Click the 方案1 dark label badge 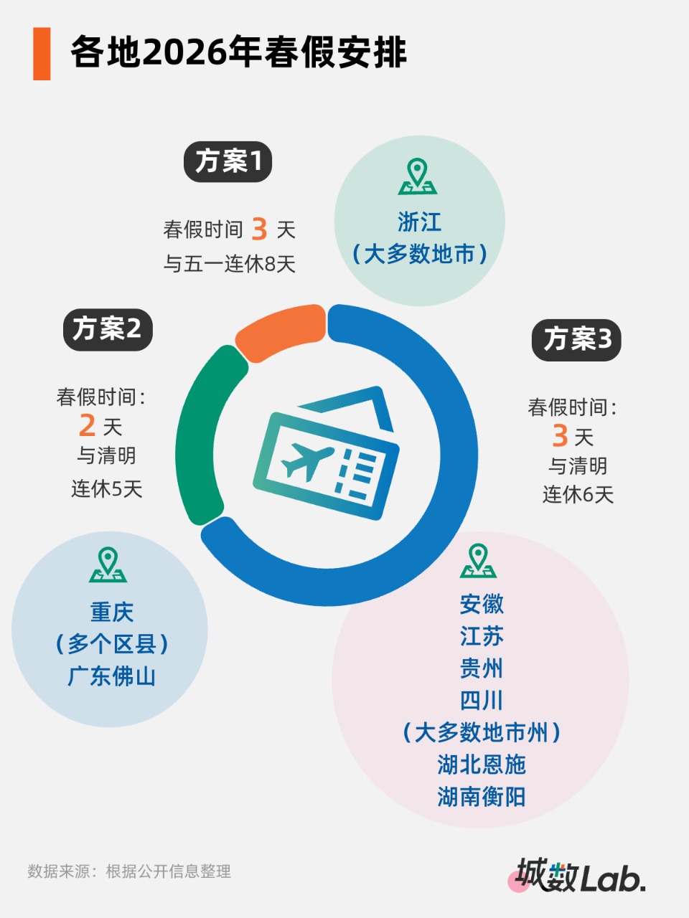click(228, 161)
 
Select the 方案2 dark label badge click(108, 330)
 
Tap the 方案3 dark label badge click(576, 340)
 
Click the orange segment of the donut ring click(279, 330)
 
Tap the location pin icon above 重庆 click(108, 564)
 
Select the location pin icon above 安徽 click(478, 561)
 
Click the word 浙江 click(419, 222)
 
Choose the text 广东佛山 click(111, 676)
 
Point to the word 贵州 click(481, 668)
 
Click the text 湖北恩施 click(481, 765)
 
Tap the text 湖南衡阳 click(481, 797)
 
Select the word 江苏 click(481, 636)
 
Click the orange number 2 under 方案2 click(87, 426)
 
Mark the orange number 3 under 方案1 click(259, 229)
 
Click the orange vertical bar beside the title click(42, 54)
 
